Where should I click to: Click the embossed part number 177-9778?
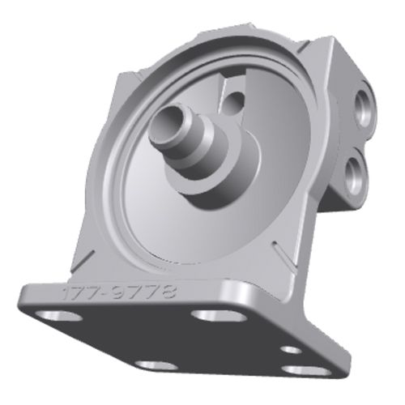tap(120, 292)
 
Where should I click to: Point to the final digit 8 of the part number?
tap(169, 292)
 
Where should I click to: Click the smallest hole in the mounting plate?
tap(291, 350)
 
